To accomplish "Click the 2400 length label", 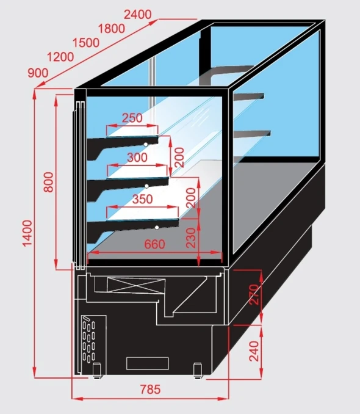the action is [x=138, y=14].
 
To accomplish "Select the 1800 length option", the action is [x=112, y=29].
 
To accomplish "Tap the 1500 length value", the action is [x=86, y=43].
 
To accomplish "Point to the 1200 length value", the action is [x=60, y=57].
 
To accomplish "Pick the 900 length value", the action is [x=38, y=73].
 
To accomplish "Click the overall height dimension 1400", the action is [x=27, y=233].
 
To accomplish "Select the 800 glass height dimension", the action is [x=49, y=182].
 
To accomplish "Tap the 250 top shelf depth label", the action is [x=132, y=118].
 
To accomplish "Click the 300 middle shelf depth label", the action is [x=137, y=158].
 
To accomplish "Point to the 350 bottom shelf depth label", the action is [x=143, y=199].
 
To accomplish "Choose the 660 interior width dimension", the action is [x=154, y=244].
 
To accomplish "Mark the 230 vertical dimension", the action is [x=191, y=238].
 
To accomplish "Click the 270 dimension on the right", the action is [x=254, y=295].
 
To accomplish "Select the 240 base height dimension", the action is [x=254, y=351].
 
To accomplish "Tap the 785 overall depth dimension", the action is [x=150, y=389].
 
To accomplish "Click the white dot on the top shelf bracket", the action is [x=146, y=144].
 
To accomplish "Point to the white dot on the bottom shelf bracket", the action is [x=157, y=227].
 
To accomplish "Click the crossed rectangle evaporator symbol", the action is [x=137, y=285].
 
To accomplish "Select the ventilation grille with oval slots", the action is [x=89, y=339].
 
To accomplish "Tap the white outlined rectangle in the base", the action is [x=148, y=363].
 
